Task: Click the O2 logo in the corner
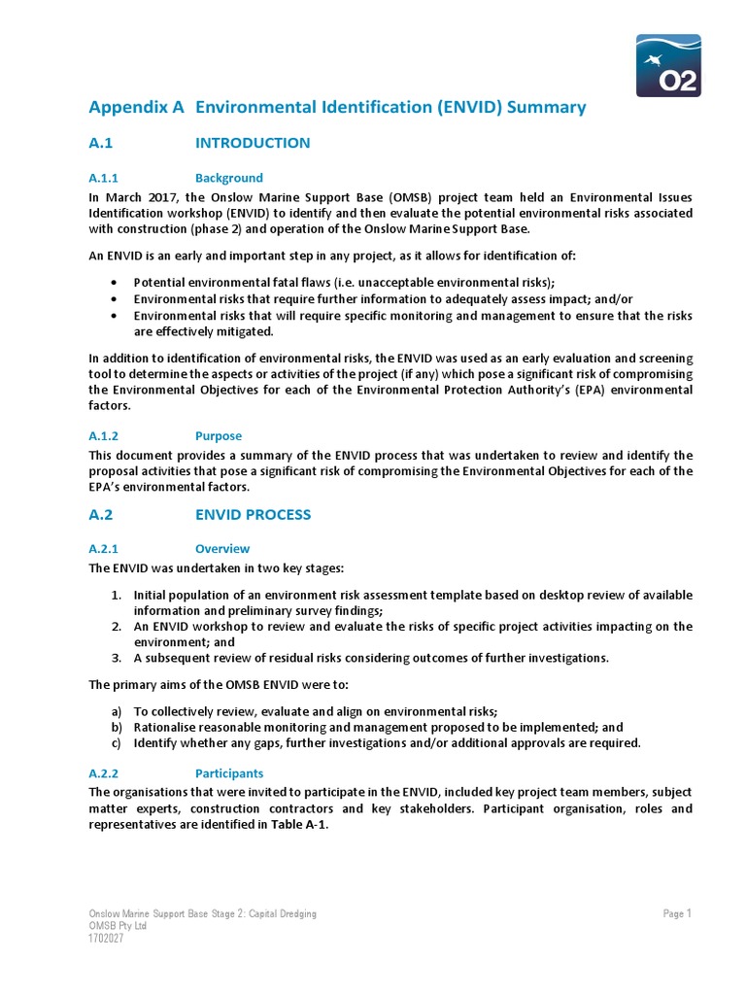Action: pos(668,65)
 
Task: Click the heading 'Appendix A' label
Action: pos(136,107)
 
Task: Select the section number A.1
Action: pos(102,143)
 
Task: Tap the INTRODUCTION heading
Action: pos(253,143)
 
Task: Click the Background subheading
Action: pos(229,178)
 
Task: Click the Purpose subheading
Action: pos(219,436)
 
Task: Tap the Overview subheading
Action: pos(222,548)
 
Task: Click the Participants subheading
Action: pos(229,773)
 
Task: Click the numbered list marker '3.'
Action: pos(116,658)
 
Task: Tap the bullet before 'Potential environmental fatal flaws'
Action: pos(115,283)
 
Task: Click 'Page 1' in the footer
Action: pos(677,913)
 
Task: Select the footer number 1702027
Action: pos(107,939)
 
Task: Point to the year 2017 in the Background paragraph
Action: pos(153,195)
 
